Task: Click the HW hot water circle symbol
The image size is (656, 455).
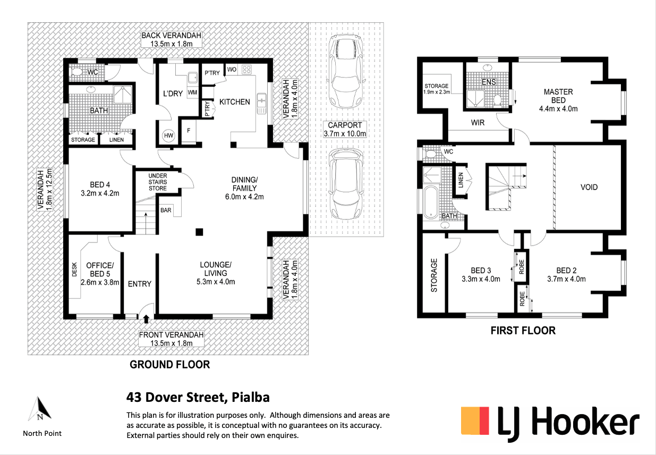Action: [168, 136]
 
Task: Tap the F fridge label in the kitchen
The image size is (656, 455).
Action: [189, 130]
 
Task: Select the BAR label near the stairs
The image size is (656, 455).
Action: [166, 210]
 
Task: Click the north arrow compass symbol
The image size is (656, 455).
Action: [40, 408]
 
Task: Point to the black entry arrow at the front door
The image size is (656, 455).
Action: [146, 319]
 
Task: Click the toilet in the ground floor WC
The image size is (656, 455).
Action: [77, 72]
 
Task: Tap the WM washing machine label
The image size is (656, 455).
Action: [192, 92]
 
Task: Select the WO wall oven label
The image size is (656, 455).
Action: [232, 70]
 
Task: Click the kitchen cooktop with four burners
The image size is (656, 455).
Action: [246, 70]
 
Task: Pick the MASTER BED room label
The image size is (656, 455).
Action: [558, 96]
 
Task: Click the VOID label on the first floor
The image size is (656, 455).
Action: [589, 187]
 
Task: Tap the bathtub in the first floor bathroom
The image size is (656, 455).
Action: [431, 203]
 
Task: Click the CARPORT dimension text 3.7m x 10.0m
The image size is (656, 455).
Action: [345, 134]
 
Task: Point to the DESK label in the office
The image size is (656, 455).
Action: [74, 269]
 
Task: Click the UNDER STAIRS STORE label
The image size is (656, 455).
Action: [158, 182]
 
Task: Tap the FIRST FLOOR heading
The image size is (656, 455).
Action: [523, 331]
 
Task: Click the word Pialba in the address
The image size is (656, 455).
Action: [250, 398]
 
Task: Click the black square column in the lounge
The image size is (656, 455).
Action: [199, 232]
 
